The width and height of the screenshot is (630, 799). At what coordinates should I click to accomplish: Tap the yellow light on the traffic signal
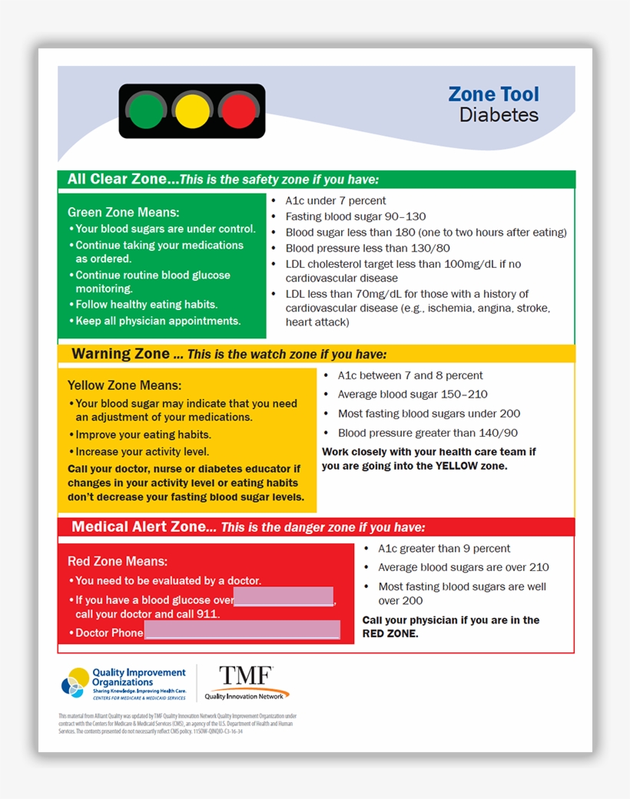click(192, 111)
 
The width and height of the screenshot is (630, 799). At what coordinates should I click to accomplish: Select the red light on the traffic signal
click(238, 111)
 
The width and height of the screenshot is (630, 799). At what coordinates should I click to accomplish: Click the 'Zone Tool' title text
click(493, 94)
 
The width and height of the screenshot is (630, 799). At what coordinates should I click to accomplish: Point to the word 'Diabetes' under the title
click(499, 115)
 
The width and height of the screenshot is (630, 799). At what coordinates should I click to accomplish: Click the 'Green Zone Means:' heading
click(123, 212)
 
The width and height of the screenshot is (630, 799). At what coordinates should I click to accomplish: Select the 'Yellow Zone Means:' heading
click(124, 385)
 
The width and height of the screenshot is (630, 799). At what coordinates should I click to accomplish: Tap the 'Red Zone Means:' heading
click(118, 561)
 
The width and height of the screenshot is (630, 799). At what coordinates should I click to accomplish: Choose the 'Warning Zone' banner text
click(121, 354)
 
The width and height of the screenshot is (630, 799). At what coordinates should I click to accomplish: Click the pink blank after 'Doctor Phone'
click(242, 631)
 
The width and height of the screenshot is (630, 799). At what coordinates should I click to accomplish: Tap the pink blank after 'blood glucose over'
click(283, 597)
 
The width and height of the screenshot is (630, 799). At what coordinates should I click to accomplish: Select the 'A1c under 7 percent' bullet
click(336, 200)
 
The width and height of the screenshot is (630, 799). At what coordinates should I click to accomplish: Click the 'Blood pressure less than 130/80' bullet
click(367, 248)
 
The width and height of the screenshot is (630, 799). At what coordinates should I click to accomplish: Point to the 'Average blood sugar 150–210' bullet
click(413, 395)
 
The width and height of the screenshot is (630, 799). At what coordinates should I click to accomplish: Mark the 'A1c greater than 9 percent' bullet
click(444, 549)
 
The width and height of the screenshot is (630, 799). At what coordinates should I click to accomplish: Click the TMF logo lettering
click(245, 675)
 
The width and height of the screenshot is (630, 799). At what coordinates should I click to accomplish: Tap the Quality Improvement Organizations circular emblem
click(77, 682)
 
